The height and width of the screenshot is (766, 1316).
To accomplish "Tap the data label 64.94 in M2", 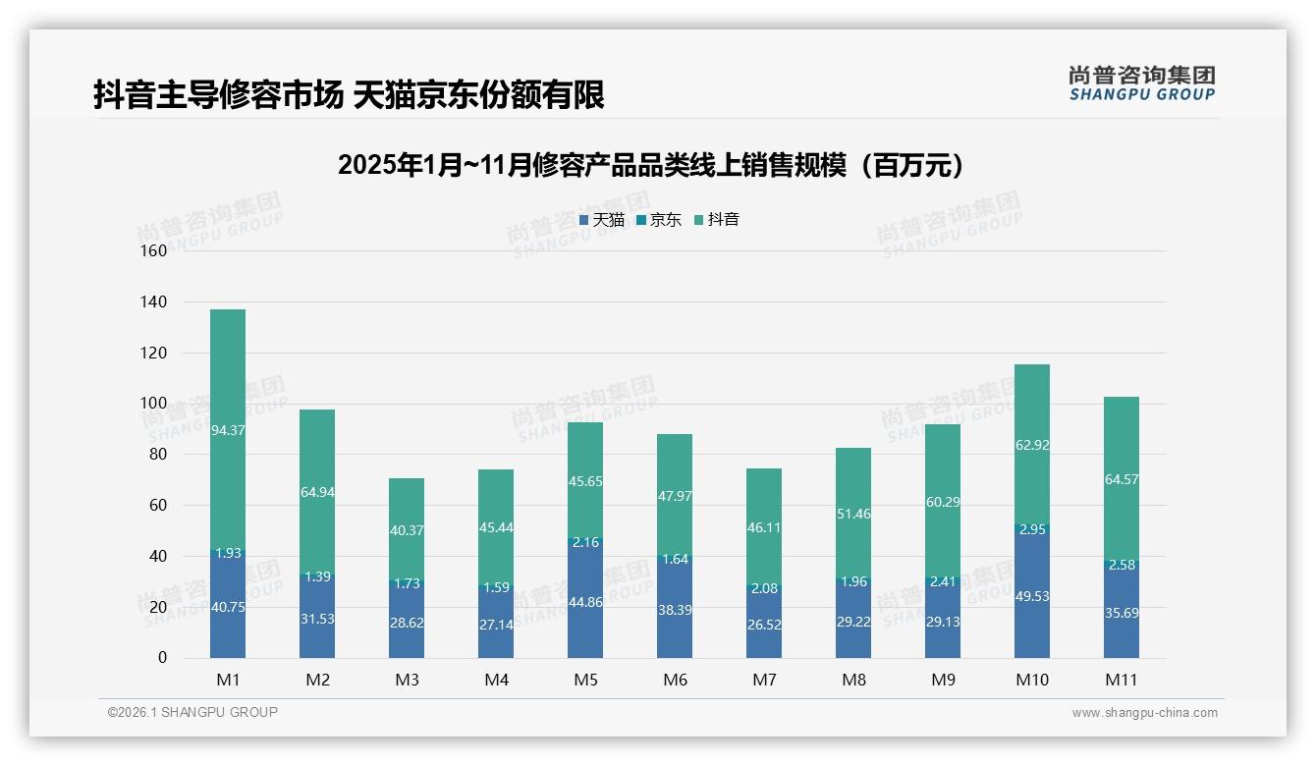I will tap(317, 492).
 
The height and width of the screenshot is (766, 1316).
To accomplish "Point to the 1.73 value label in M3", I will tap(407, 583).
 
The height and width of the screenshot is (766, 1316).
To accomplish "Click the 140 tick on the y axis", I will tap(154, 301).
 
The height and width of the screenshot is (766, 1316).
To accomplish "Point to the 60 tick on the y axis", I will tap(158, 505).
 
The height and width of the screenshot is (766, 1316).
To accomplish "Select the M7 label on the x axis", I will tap(764, 680).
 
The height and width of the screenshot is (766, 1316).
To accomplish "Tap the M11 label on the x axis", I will tap(1122, 680).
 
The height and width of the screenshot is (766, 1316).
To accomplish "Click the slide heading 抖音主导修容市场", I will tap(349, 95).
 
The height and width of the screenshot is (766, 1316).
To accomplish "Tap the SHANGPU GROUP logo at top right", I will tap(1141, 83).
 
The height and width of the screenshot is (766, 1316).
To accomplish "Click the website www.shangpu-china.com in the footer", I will tap(1144, 713).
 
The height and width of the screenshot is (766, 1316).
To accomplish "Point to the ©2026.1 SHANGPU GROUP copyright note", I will tap(192, 712).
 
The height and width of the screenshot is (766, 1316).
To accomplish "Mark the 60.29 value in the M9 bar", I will tap(943, 502).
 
